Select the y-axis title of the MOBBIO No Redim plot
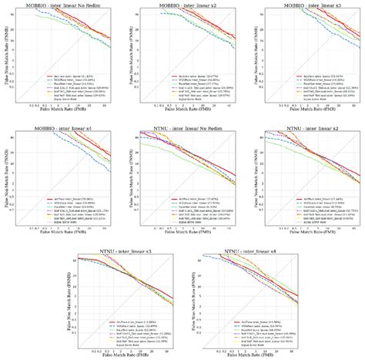tap(6, 57)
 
